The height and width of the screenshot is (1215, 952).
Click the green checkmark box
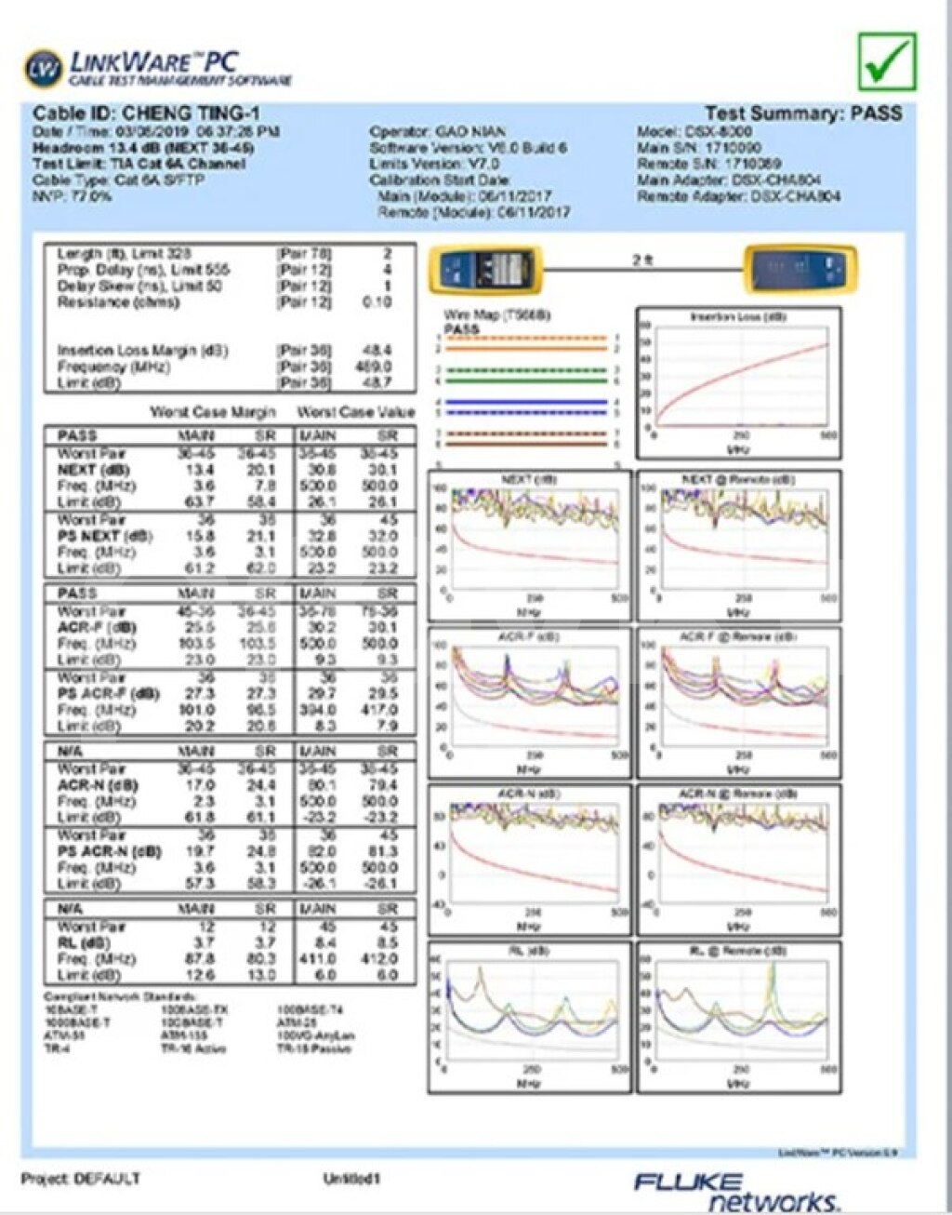tap(887, 61)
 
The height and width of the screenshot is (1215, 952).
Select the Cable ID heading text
tap(146, 113)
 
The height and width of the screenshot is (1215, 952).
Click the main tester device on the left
tap(484, 269)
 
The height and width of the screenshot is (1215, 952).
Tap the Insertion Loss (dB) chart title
tap(738, 317)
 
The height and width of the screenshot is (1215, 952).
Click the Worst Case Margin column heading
tap(213, 412)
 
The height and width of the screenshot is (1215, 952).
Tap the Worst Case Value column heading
tap(355, 412)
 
